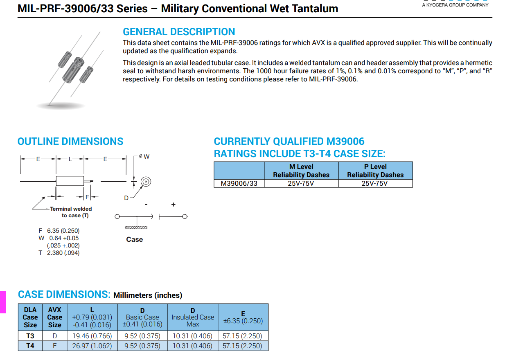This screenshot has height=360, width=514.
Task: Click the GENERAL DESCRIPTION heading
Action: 179,32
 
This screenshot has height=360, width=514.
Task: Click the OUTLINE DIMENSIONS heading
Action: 70,142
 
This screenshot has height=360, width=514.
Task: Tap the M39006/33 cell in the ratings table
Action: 239,183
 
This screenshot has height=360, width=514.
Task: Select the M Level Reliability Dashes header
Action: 301,171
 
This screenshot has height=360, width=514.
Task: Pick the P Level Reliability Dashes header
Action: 375,171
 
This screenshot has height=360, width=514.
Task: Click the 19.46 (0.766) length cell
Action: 92,336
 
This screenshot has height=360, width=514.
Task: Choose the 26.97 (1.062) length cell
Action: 92,346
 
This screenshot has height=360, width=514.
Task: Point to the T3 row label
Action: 30,336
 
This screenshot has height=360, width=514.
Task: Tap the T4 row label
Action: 30,346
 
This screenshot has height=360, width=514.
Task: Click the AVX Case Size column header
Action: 54,317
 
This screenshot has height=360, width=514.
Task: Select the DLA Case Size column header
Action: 30,317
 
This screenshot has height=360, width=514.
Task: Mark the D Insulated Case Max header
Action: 193,317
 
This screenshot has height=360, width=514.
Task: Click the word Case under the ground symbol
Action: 135,239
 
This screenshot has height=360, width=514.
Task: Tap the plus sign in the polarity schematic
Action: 173,204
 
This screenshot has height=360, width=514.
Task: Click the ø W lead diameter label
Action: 144,156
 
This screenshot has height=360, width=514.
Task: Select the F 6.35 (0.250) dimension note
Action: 59,231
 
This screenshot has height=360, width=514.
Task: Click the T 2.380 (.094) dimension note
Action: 59,253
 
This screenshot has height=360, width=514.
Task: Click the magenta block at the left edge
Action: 2,302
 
